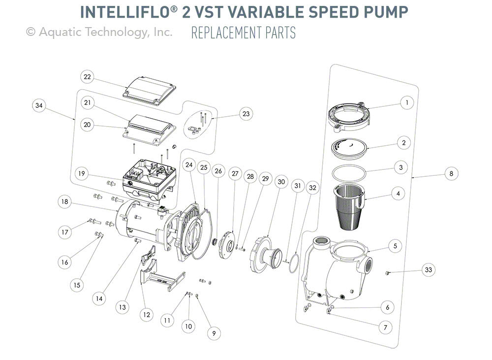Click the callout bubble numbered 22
point(87,77)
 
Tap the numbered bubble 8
point(451,173)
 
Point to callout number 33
point(429,270)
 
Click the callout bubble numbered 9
point(213,333)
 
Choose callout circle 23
point(246,114)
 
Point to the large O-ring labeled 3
point(349,175)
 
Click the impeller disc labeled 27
point(227,241)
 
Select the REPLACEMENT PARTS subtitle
point(244,33)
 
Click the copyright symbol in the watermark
point(31,33)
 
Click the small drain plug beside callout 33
point(388,271)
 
